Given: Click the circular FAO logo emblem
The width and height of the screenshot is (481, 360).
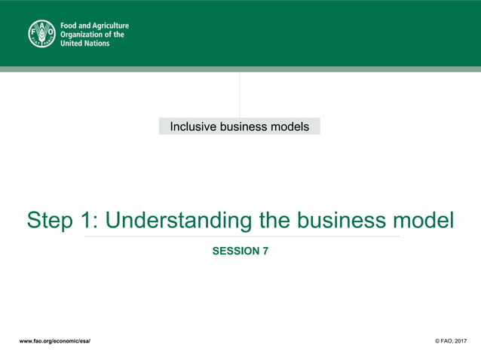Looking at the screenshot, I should (42, 34).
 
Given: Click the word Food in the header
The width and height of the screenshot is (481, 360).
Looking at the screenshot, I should (69, 26).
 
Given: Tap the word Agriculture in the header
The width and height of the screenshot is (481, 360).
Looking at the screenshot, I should (110, 26).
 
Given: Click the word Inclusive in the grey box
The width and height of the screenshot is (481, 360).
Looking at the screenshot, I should (192, 127).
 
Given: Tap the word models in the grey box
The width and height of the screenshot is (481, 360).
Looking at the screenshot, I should (290, 127).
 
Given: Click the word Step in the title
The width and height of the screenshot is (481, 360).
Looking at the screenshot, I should (51, 221).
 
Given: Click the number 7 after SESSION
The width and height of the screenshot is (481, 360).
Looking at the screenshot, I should (265, 252).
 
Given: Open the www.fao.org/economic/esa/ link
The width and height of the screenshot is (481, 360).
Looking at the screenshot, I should (55, 341).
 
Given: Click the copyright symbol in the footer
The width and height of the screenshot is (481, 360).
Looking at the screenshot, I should (439, 341).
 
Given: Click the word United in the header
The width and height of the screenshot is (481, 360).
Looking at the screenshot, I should (73, 44).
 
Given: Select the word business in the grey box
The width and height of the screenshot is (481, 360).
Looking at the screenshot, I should (246, 127).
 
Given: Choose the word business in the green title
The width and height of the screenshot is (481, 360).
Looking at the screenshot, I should (340, 221).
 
